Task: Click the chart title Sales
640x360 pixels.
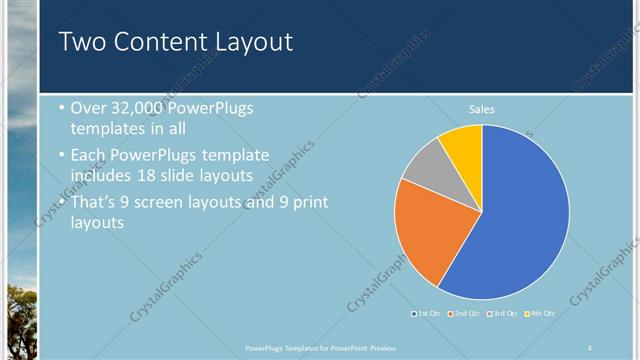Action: (x=482, y=109)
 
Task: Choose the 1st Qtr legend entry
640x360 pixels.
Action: (x=427, y=314)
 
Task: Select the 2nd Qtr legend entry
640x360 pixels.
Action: (x=464, y=314)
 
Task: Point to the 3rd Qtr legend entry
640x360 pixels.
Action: (x=501, y=314)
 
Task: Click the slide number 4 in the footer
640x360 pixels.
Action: (x=590, y=347)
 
